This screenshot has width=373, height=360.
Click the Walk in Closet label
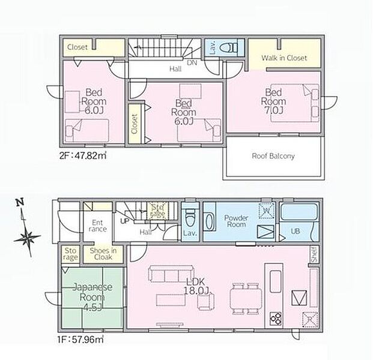284,58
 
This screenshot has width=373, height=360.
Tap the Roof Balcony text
273,156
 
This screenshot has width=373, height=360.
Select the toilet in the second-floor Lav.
228,48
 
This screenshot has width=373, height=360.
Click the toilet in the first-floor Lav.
190,218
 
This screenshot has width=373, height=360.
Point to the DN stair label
192,63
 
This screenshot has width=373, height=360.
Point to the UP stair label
124,221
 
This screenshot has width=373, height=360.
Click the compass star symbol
27,237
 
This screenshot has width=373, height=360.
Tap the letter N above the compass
20,202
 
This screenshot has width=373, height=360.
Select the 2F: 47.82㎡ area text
82,155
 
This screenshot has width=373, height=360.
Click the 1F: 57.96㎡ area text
80,340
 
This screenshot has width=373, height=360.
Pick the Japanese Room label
92,292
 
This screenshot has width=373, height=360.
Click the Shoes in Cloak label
103,254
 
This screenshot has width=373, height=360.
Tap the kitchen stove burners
276,318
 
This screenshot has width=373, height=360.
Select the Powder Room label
236,221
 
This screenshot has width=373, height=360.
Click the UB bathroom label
295,231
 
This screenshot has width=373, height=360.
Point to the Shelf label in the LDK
314,254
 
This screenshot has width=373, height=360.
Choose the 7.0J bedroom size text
274,110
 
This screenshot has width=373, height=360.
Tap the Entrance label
97,226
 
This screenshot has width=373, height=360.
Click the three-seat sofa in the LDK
171,274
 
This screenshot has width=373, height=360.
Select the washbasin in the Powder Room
209,222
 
